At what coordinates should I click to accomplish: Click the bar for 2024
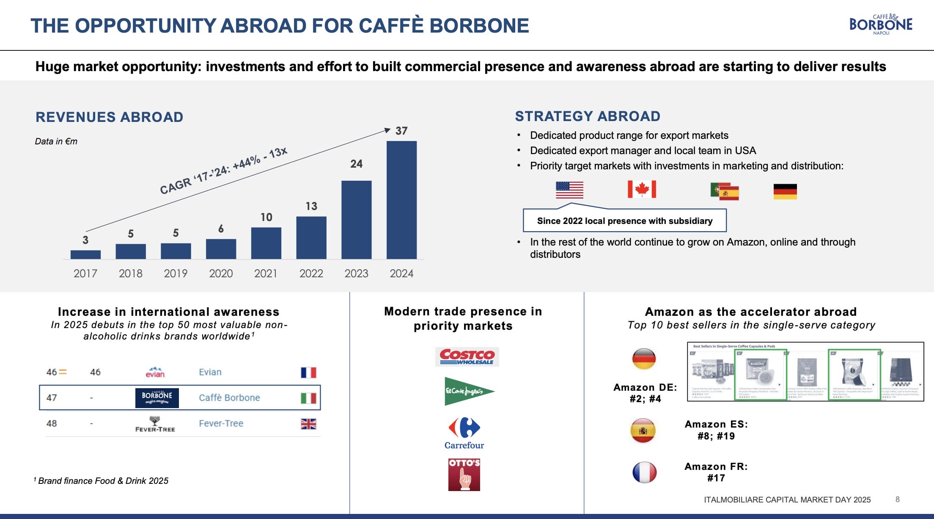(401, 200)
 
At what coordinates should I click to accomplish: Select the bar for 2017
(85, 254)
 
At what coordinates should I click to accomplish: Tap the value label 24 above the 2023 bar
(356, 164)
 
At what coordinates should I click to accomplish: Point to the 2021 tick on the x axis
(266, 273)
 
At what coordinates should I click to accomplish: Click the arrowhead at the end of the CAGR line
(387, 130)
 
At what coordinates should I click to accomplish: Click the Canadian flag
(642, 189)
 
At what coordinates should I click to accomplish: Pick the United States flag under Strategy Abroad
(569, 190)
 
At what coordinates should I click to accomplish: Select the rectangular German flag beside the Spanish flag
(785, 191)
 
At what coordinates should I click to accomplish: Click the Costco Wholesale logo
(467, 356)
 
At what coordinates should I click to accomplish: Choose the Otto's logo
(464, 475)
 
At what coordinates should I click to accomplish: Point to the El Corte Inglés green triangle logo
(468, 391)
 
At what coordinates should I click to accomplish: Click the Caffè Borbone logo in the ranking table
(157, 398)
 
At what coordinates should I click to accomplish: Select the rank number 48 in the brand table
(52, 423)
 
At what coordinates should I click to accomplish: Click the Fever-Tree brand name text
(221, 423)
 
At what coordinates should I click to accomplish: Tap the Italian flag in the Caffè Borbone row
(308, 398)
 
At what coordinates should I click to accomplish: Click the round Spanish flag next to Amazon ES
(643, 431)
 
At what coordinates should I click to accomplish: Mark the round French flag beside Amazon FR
(644, 472)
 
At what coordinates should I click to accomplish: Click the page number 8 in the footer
(897, 500)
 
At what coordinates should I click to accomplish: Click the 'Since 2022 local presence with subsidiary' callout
(624, 221)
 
